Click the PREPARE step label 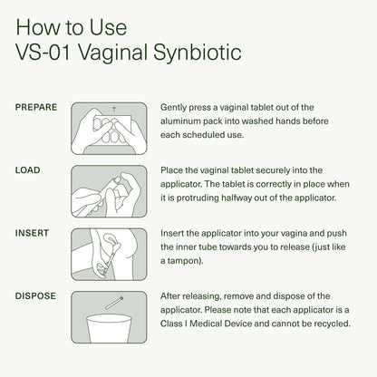(37, 107)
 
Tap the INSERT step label (33, 233)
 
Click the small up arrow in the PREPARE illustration (113, 109)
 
